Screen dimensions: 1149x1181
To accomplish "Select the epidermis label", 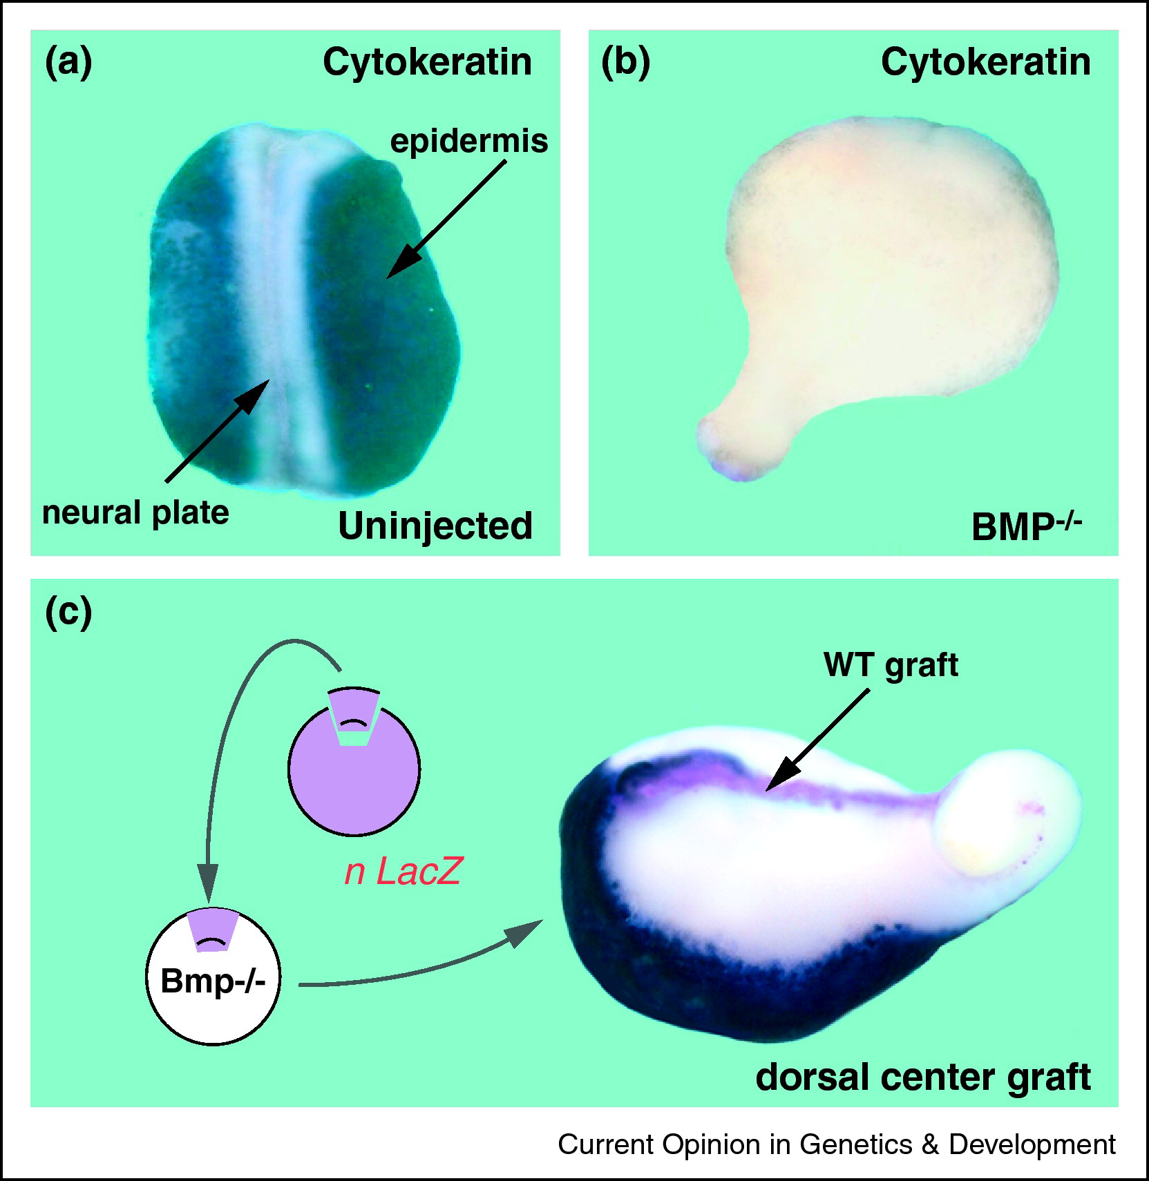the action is pos(469,142).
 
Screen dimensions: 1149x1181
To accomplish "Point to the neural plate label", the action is pos(135,514).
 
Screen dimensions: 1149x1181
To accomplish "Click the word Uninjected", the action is pos(435,526).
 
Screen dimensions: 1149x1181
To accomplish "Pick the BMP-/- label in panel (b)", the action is pos(1026,526).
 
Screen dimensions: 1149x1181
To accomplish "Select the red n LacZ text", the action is pos(402,872).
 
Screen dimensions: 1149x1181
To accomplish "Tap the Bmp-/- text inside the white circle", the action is pos(213,981).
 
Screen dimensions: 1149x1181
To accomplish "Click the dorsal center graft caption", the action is pos(923,1077).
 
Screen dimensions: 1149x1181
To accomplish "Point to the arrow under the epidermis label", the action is pos(446,219).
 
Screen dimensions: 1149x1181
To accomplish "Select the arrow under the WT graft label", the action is pos(817,739).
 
